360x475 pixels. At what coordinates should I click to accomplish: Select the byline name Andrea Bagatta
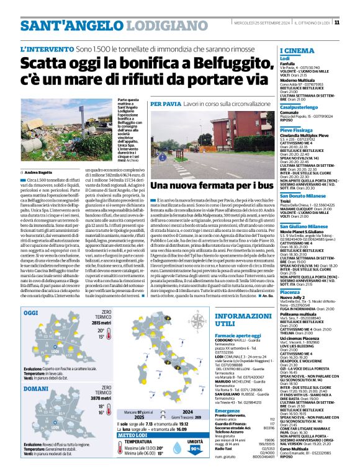click(38, 172)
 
